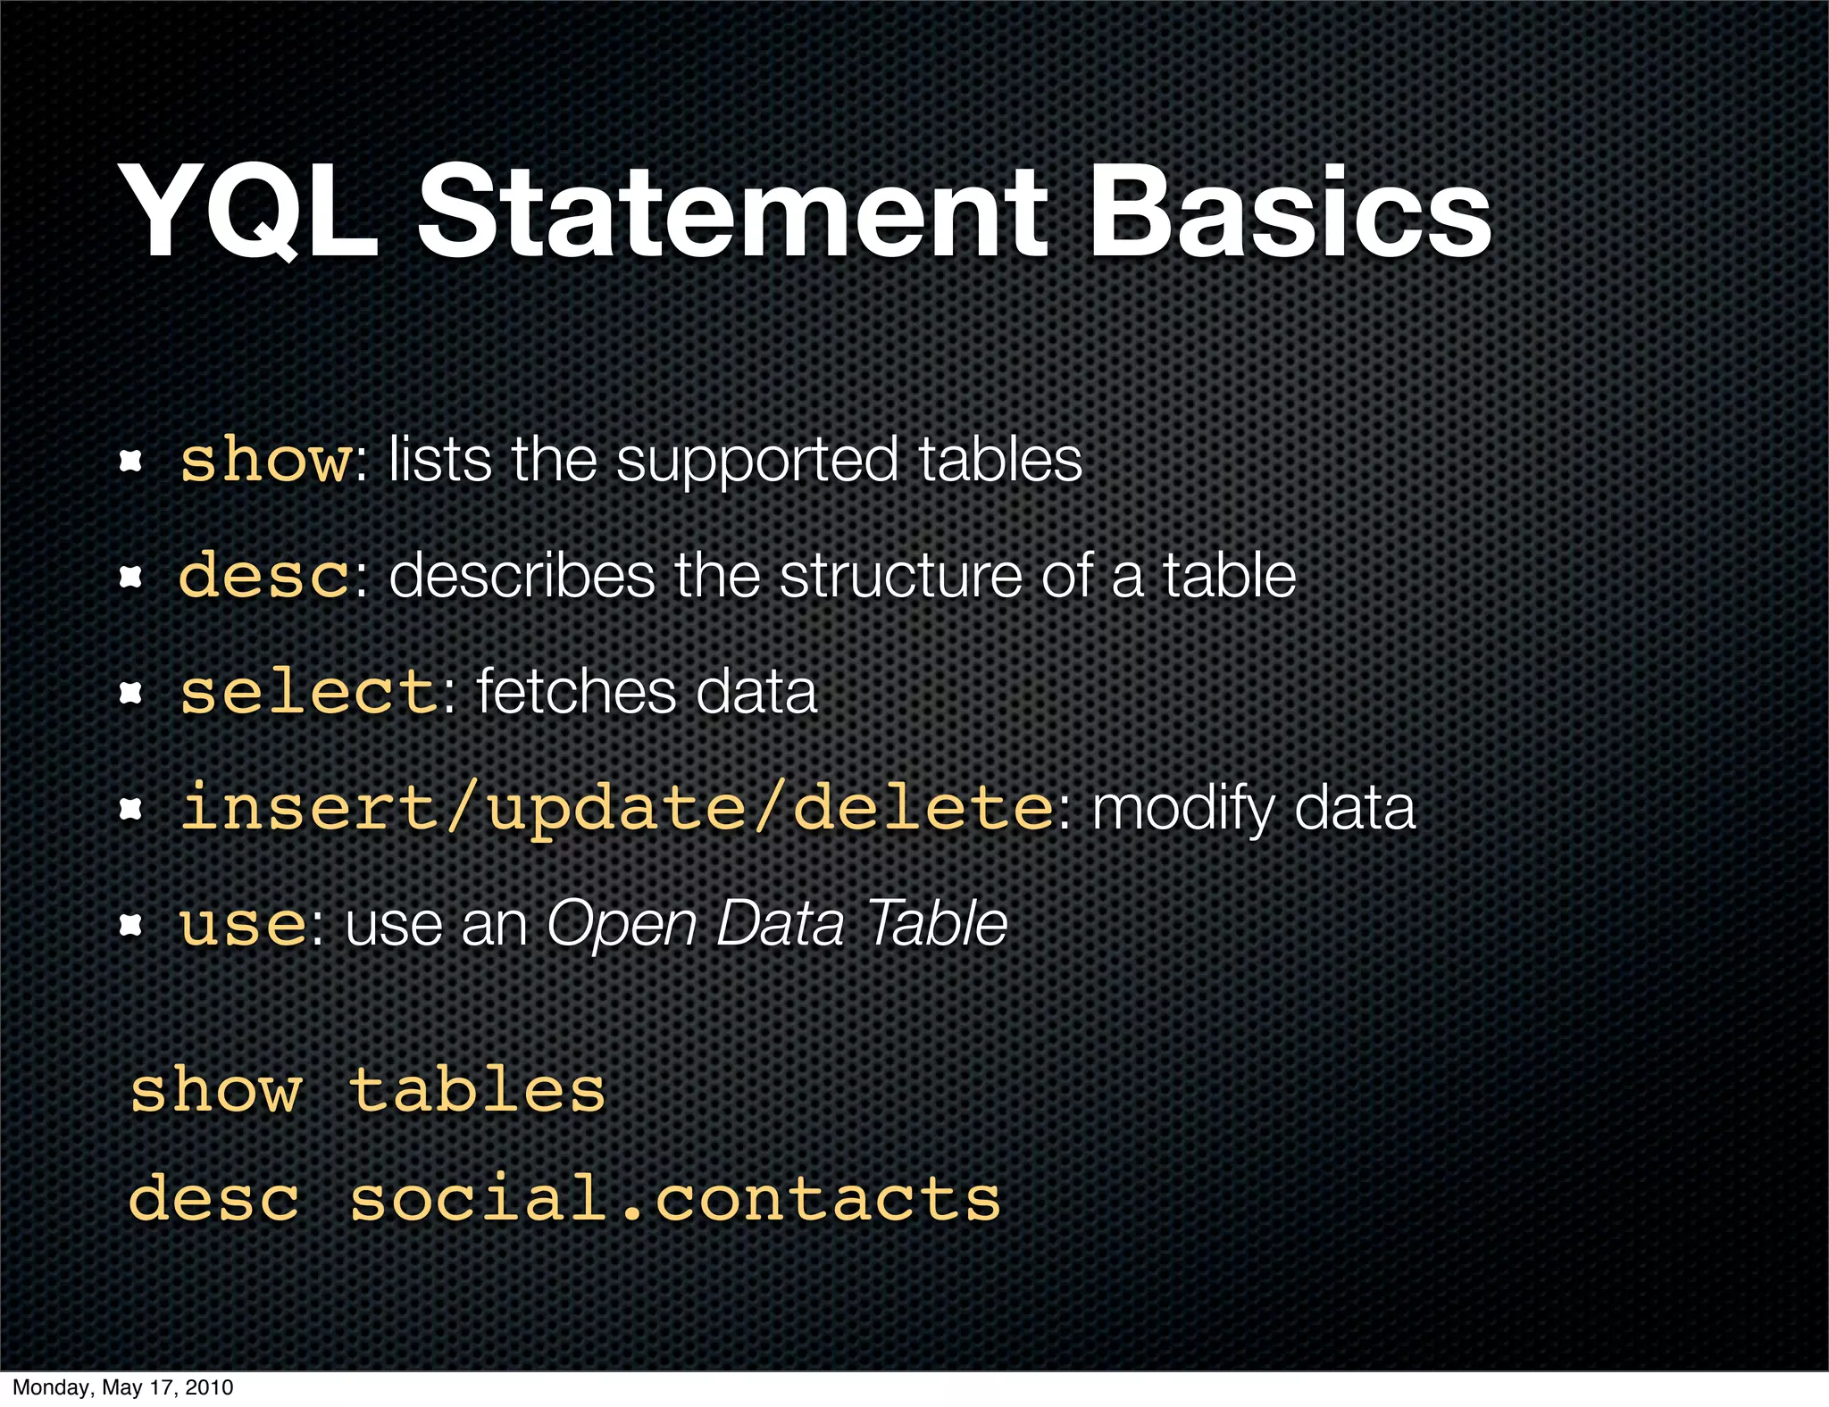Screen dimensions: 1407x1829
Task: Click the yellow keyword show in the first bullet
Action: [x=266, y=461]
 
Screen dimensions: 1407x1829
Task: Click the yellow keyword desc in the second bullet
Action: [x=264, y=577]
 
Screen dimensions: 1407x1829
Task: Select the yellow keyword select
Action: [x=308, y=693]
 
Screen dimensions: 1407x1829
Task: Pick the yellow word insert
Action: [x=308, y=808]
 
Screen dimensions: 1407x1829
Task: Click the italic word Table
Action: [x=937, y=924]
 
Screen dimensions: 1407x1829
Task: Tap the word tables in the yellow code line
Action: [x=477, y=1091]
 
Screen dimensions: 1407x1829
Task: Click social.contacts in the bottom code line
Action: [x=675, y=1199]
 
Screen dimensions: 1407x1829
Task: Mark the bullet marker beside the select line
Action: [x=131, y=693]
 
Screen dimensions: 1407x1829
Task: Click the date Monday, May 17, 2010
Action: [x=123, y=1387]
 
